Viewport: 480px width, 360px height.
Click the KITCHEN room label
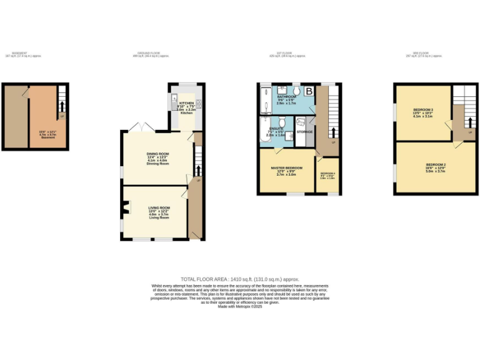pyautogui.click(x=186, y=103)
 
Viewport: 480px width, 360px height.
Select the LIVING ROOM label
pyautogui.click(x=159, y=208)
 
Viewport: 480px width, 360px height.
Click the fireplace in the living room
pyautogui.click(x=126, y=208)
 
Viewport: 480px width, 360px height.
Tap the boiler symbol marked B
pyautogui.click(x=309, y=91)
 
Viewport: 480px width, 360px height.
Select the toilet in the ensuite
pyautogui.click(x=283, y=139)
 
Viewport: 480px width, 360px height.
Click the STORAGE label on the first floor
pyautogui.click(x=304, y=132)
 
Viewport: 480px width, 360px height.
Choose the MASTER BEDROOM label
pyautogui.click(x=287, y=168)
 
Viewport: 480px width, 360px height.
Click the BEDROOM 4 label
pyautogui.click(x=327, y=173)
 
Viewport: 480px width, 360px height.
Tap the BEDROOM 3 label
pyautogui.click(x=423, y=109)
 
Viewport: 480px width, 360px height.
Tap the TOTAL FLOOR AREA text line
pyautogui.click(x=240, y=279)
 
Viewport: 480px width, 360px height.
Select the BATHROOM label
pyautogui.click(x=286, y=97)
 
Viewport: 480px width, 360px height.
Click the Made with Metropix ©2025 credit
pyautogui.click(x=240, y=306)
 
